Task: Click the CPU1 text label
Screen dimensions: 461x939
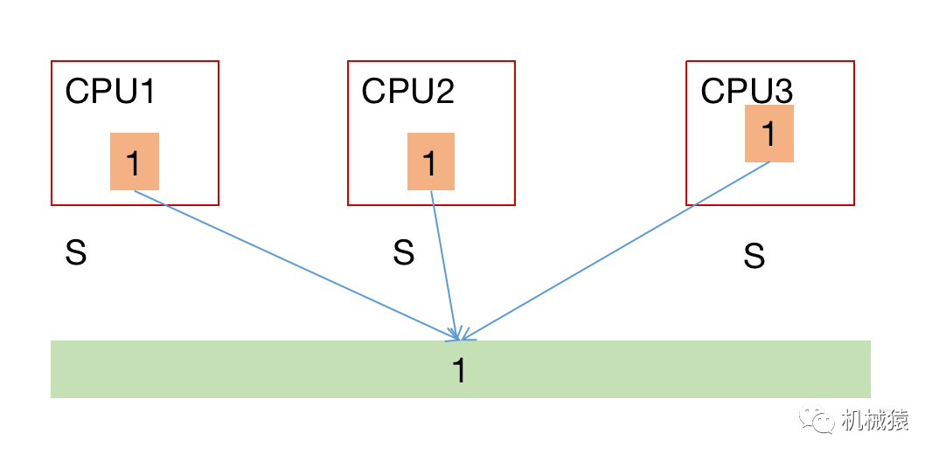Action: coord(110,92)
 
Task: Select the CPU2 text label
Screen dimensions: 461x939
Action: coord(407,92)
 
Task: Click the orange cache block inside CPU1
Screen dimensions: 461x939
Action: coord(134,162)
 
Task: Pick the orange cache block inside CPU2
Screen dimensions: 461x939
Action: coord(430,162)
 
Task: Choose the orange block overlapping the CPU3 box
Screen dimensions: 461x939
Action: coord(769,134)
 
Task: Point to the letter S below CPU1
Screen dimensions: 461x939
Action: coord(76,254)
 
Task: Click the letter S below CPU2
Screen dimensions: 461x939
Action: coord(403,253)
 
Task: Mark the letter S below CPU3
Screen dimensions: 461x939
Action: coord(754,257)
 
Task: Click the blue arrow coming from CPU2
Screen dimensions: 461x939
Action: coord(443,262)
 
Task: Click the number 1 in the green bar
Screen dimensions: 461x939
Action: coord(459,371)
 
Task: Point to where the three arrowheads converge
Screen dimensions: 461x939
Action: coord(458,338)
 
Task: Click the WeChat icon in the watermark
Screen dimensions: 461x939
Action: coord(821,421)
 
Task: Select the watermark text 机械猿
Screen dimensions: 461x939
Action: coord(874,421)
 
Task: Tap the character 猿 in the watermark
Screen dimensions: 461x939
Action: coord(898,421)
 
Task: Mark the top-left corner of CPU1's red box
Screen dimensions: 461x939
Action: coord(52,62)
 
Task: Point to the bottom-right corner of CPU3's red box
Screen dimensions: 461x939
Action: coord(853,204)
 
